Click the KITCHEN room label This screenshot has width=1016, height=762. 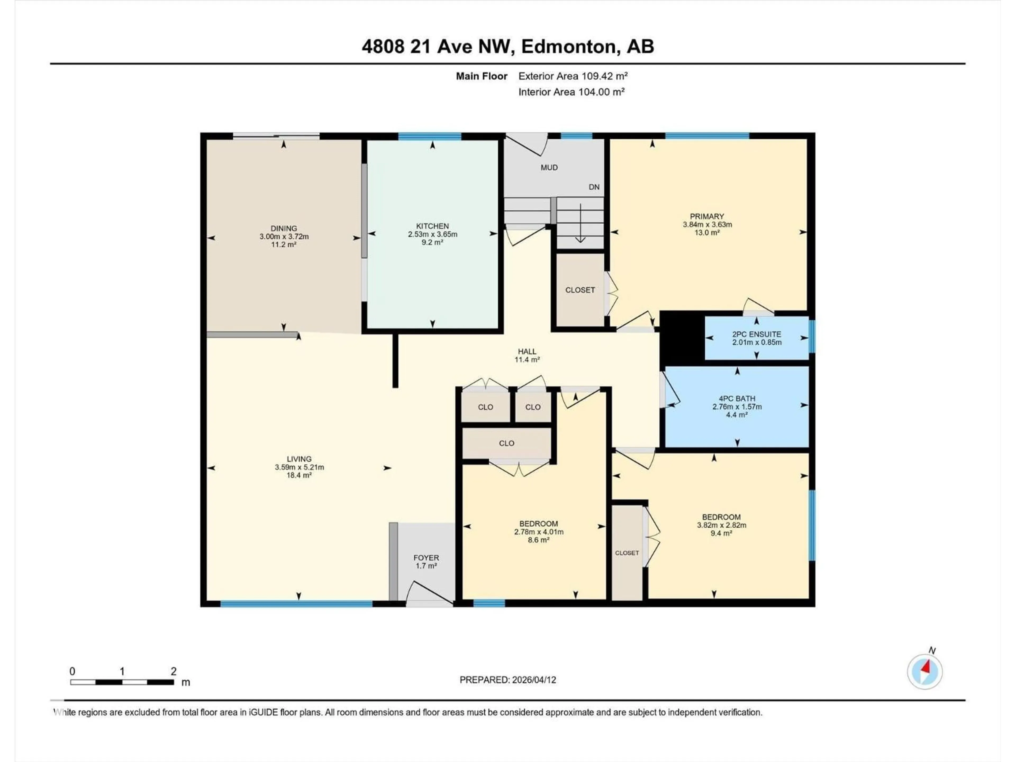(x=432, y=226)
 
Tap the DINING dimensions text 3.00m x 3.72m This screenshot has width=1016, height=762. (x=284, y=237)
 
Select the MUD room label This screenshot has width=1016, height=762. (x=549, y=168)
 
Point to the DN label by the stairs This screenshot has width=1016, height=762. (x=594, y=187)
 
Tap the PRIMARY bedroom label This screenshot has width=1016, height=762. (x=706, y=216)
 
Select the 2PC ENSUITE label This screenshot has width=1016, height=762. (x=756, y=334)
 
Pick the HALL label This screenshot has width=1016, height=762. (x=527, y=351)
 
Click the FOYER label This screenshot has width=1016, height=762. (x=426, y=557)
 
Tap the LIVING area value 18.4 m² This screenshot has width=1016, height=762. (x=299, y=475)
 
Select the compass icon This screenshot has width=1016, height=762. (x=925, y=672)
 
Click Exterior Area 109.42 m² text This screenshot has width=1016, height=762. (x=573, y=76)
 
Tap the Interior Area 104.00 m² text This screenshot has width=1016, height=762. (x=571, y=92)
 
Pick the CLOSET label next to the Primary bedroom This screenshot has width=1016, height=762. (x=580, y=290)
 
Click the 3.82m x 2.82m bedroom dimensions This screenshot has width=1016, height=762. (x=721, y=525)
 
